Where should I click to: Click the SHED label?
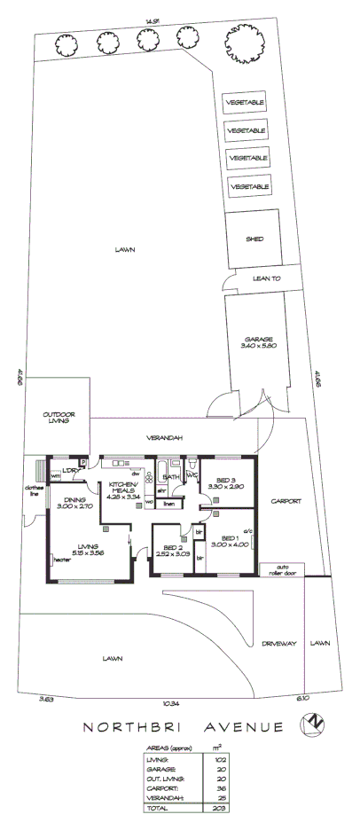[254, 239]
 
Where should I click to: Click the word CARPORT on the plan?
[286, 501]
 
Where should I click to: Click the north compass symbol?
[311, 726]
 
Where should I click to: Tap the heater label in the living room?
[61, 560]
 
